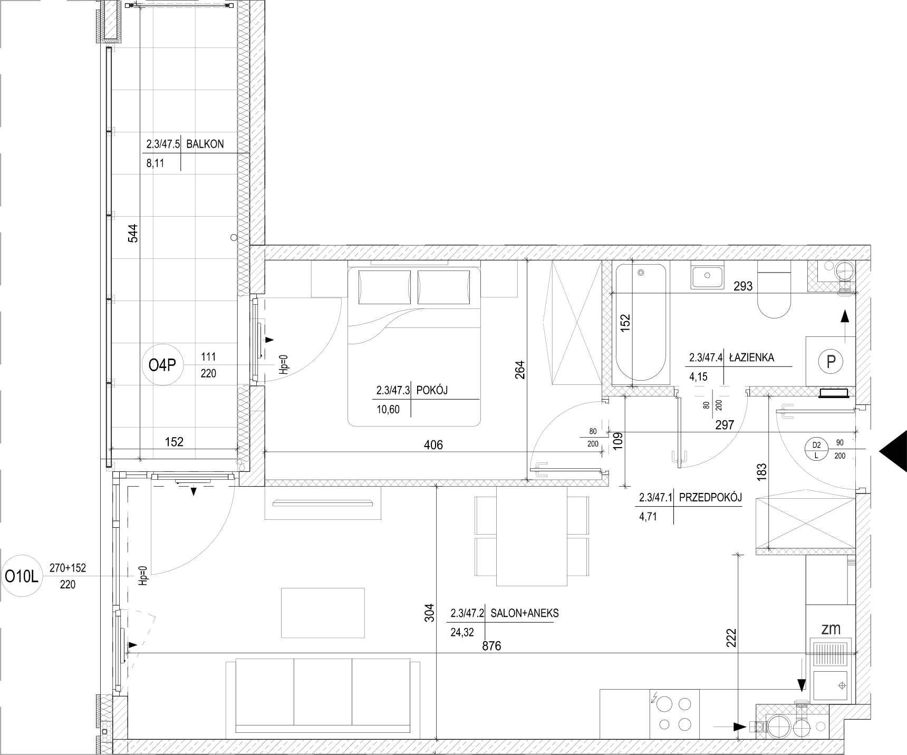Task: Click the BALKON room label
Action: pyautogui.click(x=205, y=144)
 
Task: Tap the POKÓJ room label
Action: pyautogui.click(x=432, y=391)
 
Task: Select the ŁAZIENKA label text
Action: pyautogui.click(x=751, y=357)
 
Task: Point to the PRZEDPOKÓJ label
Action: pyautogui.click(x=710, y=497)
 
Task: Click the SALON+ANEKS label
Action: pyautogui.click(x=524, y=613)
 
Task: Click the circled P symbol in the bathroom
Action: pyautogui.click(x=831, y=362)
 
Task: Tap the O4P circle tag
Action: pyautogui.click(x=162, y=365)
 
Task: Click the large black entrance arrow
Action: pyautogui.click(x=893, y=451)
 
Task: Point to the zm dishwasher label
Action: pyautogui.click(x=831, y=628)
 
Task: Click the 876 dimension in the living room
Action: pyautogui.click(x=492, y=646)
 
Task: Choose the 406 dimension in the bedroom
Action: pyautogui.click(x=433, y=445)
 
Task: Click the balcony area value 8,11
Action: pyautogui.click(x=155, y=163)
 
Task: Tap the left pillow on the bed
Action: pyautogui.click(x=384, y=286)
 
